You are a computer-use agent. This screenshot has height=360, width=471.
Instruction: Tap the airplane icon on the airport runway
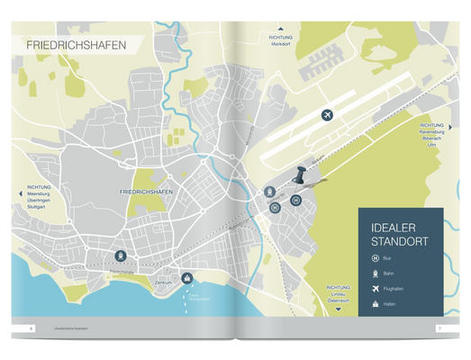point(327,115)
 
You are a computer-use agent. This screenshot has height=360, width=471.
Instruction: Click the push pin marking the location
point(300,175)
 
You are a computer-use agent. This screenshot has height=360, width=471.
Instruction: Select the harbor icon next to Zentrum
point(187,277)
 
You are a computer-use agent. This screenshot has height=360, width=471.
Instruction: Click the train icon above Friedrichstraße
point(121,256)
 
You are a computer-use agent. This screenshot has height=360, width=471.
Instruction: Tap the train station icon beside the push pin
point(270,193)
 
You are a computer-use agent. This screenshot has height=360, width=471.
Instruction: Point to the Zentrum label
point(163,283)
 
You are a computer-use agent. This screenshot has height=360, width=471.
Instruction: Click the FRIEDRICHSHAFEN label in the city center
point(145,193)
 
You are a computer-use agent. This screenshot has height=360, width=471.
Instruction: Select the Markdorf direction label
point(280,43)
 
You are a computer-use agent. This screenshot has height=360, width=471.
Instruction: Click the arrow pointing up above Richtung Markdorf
point(280,30)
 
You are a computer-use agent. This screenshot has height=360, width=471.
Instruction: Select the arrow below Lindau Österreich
point(339,309)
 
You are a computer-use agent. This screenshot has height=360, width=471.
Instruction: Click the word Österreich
point(339,300)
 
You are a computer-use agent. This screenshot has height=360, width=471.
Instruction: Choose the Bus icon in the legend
point(376,258)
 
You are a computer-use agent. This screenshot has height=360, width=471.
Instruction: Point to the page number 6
point(32,328)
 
